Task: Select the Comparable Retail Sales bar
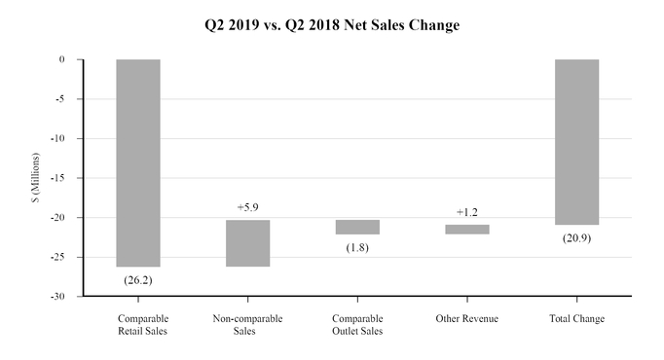point(138,162)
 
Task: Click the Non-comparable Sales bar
point(248,243)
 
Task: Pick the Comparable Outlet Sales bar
point(357,227)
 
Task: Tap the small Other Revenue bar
point(467,230)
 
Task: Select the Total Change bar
point(576,142)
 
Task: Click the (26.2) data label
point(138,280)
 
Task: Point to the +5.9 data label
point(248,207)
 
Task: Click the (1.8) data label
point(357,248)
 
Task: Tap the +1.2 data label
point(467,212)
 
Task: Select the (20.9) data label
point(576,238)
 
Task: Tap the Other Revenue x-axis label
point(467,319)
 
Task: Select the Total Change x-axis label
point(576,319)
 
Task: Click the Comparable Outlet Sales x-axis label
point(357,325)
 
